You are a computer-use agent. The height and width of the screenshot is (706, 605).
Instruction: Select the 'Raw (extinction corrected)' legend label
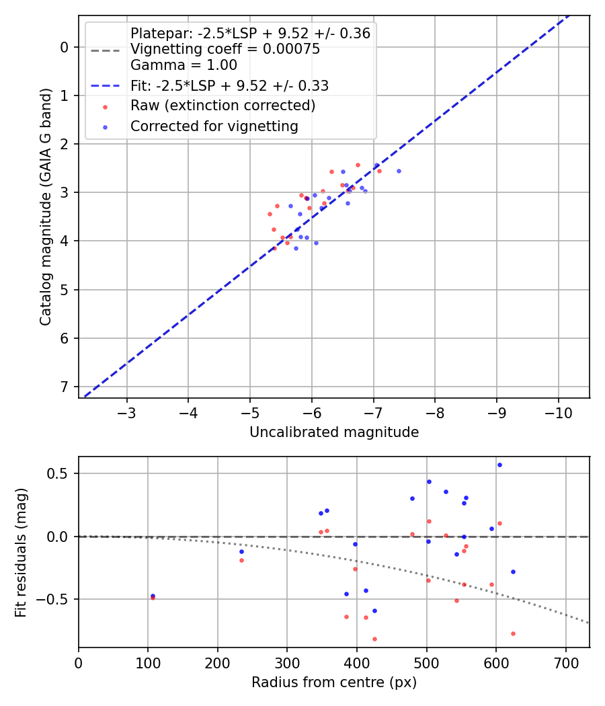(223, 106)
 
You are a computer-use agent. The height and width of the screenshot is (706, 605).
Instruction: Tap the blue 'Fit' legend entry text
(229, 86)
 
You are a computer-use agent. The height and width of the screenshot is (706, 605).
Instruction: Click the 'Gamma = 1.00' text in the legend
(184, 65)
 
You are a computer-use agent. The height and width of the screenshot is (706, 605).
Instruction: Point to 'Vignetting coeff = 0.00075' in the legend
(225, 49)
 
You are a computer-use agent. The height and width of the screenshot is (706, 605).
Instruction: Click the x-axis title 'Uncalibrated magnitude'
(334, 432)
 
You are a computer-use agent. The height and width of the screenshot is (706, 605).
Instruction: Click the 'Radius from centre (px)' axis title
(334, 682)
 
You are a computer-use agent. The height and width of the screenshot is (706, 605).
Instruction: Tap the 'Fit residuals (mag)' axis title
(21, 552)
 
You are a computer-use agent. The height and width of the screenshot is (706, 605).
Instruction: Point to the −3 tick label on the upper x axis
(127, 412)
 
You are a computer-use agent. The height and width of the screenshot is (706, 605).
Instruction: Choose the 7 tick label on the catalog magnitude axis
(65, 387)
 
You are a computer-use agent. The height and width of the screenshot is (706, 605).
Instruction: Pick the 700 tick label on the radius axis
(565, 662)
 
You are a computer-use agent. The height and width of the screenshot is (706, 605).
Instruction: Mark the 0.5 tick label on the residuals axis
(61, 473)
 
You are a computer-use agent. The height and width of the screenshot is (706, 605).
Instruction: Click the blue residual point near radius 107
(153, 596)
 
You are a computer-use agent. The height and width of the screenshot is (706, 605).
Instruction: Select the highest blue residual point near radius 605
(499, 465)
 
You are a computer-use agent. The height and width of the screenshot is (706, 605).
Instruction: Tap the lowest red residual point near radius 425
(374, 639)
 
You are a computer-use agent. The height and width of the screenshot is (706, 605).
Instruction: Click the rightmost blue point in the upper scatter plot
(399, 171)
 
